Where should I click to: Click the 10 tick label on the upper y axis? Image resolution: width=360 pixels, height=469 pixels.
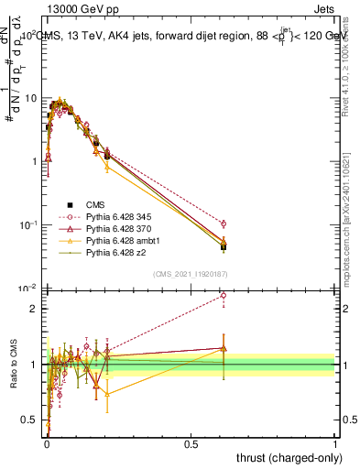click(x=31, y=97)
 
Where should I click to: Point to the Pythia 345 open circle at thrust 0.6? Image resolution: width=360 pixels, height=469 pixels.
click(x=224, y=224)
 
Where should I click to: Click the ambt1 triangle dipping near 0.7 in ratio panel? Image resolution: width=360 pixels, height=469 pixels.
click(x=107, y=394)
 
